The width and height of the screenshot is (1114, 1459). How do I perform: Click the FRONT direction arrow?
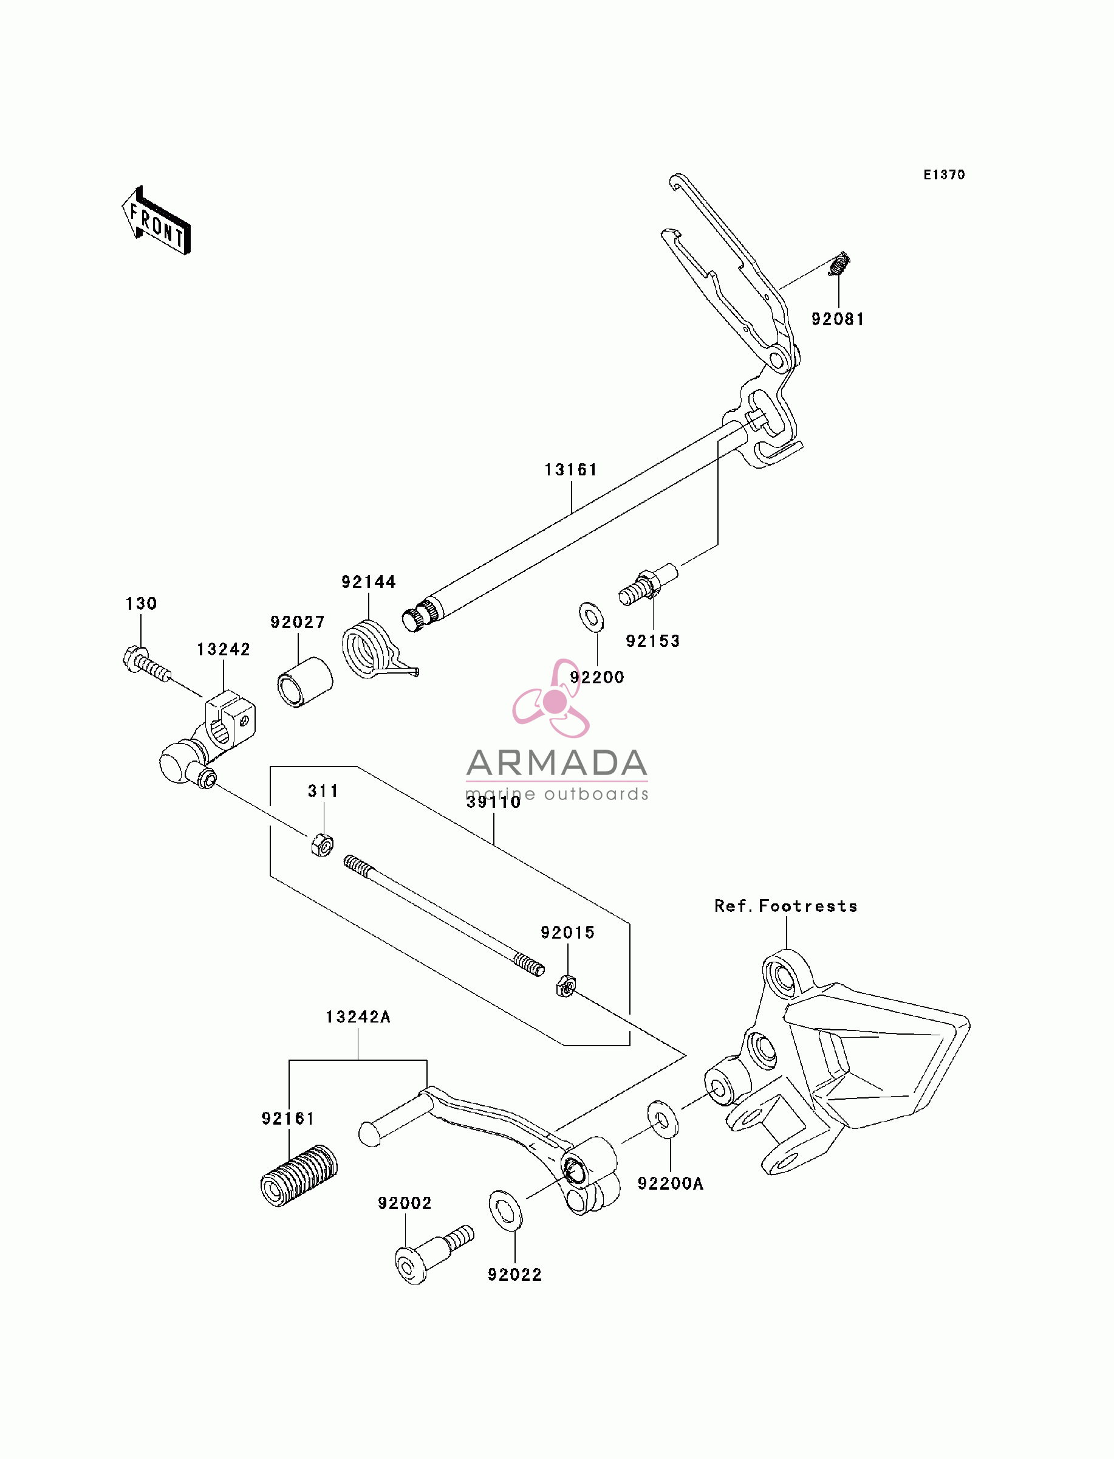(x=156, y=221)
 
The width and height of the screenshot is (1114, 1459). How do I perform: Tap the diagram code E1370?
(x=945, y=174)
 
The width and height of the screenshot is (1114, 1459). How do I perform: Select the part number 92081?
(x=838, y=319)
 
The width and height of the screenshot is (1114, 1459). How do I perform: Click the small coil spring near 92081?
(x=839, y=263)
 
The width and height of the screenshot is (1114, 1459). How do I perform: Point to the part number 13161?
(x=571, y=470)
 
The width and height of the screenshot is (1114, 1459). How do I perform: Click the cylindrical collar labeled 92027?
(x=304, y=682)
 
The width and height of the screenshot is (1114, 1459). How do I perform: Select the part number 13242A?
(x=358, y=1017)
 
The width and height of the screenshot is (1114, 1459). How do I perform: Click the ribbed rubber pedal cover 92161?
(x=299, y=1175)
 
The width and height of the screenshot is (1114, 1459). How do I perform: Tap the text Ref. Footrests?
(x=786, y=906)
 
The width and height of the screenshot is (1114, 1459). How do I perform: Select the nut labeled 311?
(x=323, y=844)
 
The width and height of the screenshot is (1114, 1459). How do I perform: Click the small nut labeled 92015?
(x=566, y=987)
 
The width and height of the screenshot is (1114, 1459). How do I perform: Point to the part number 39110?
(x=493, y=802)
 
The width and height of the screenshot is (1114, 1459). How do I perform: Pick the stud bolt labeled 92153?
(x=648, y=584)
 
